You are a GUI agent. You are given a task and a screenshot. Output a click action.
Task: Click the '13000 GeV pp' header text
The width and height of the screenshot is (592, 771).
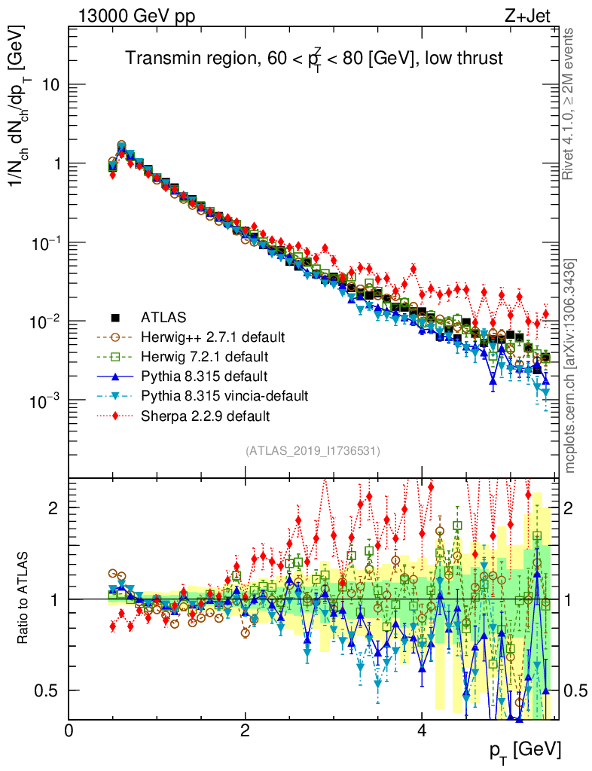136,16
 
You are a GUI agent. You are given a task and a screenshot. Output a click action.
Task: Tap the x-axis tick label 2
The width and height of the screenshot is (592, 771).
245,731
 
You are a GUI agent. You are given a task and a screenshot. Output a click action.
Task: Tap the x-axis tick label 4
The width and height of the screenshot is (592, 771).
422,731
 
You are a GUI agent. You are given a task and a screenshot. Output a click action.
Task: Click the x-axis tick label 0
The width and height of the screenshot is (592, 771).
69,731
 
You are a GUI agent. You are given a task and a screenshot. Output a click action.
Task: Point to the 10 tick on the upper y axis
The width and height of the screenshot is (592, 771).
50,85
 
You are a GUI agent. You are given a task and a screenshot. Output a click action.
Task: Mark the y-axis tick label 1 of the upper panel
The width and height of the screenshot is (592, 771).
56,164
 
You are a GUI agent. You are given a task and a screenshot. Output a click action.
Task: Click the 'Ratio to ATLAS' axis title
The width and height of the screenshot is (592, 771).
24,598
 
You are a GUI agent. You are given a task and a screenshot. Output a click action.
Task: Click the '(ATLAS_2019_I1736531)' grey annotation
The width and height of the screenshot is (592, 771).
313,450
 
